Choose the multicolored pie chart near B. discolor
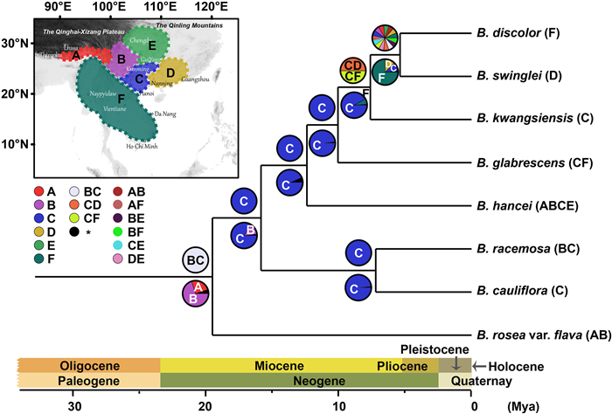click(386, 38)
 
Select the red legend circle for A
click(38, 190)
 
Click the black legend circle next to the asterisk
click(77, 231)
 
